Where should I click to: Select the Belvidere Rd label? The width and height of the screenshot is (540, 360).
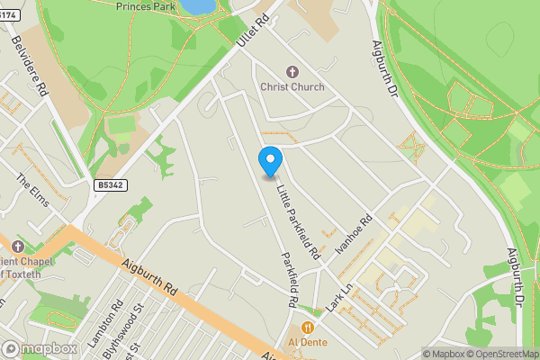[x=28, y=66]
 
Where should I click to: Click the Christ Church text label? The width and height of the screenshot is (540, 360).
[x=292, y=87]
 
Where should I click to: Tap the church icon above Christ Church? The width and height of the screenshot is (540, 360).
[x=292, y=71]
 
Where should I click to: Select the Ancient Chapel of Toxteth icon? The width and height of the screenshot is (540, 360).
[x=17, y=247]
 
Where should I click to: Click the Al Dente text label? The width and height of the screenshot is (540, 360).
[x=309, y=343]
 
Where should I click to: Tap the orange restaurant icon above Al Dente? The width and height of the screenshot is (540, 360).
[x=309, y=328]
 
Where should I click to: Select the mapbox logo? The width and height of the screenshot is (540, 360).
[x=40, y=348]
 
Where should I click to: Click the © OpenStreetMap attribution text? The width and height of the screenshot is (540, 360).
[x=504, y=354]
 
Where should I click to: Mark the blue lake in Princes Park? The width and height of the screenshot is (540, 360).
[x=198, y=5]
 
